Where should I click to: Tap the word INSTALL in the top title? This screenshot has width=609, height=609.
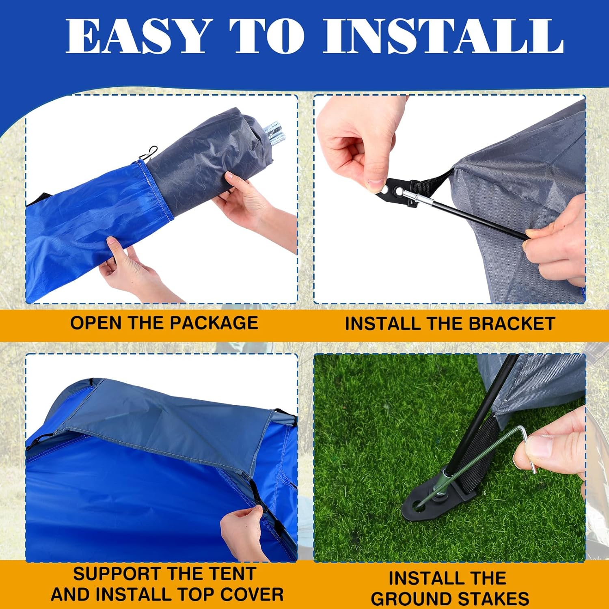443,36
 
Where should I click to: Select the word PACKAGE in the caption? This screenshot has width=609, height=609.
214,323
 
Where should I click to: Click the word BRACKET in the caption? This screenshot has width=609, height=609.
512,324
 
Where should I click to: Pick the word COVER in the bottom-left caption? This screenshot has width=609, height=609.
253,594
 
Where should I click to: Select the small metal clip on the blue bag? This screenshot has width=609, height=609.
149,153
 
